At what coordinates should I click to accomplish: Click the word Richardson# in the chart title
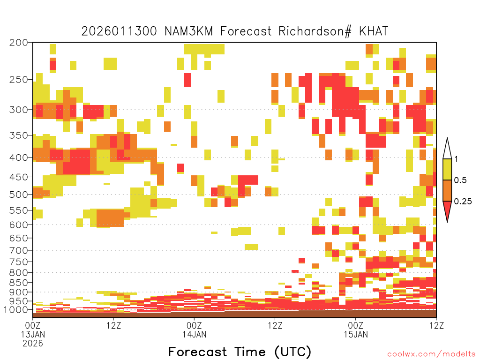(315, 31)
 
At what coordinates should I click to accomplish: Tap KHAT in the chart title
(374, 31)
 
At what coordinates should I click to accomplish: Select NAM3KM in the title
(188, 31)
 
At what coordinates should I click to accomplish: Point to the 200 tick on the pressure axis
(18, 43)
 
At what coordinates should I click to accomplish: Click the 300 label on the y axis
(18, 110)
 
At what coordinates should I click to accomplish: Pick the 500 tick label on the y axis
(18, 195)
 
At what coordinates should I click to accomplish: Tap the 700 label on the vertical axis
(18, 250)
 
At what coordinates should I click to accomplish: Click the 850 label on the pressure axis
(18, 283)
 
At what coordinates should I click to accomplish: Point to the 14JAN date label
(195, 334)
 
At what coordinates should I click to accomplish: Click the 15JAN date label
(356, 334)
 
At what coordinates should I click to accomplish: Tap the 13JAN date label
(33, 334)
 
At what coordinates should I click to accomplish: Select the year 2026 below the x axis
(33, 344)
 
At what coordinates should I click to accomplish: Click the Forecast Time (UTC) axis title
(240, 352)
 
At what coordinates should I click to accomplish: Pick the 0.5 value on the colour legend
(460, 180)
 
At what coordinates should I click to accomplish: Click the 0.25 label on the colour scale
(463, 202)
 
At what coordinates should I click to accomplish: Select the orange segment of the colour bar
(447, 190)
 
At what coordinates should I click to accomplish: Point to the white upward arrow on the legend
(447, 149)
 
